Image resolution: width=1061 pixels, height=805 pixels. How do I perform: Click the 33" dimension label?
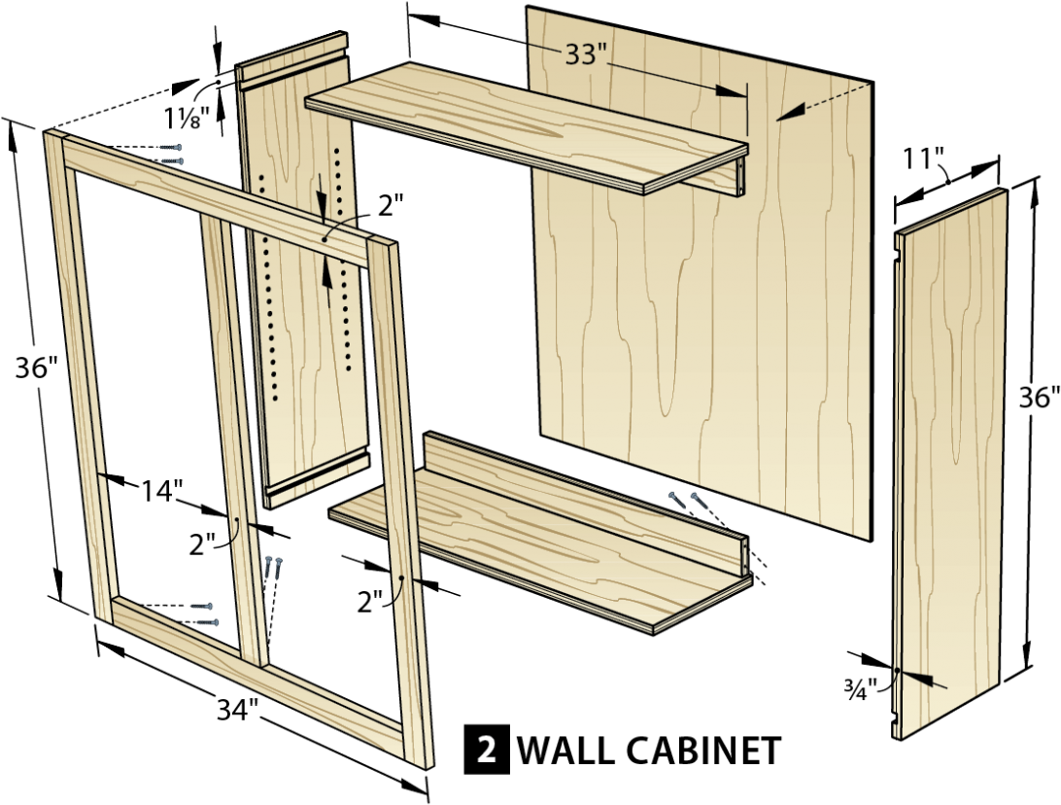click(x=585, y=54)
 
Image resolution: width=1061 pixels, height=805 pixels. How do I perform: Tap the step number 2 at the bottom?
click(x=486, y=750)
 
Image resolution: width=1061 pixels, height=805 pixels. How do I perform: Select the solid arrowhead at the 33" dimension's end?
click(x=730, y=91)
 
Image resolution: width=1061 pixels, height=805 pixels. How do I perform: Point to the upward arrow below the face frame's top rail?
click(x=327, y=277)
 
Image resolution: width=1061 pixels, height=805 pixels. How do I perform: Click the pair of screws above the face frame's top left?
click(x=171, y=154)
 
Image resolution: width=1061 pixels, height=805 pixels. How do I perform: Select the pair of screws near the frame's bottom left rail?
click(x=204, y=613)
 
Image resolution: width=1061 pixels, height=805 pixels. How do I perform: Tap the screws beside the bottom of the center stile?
click(x=274, y=567)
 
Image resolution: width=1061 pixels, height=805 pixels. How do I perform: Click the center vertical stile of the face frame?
click(x=233, y=437)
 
